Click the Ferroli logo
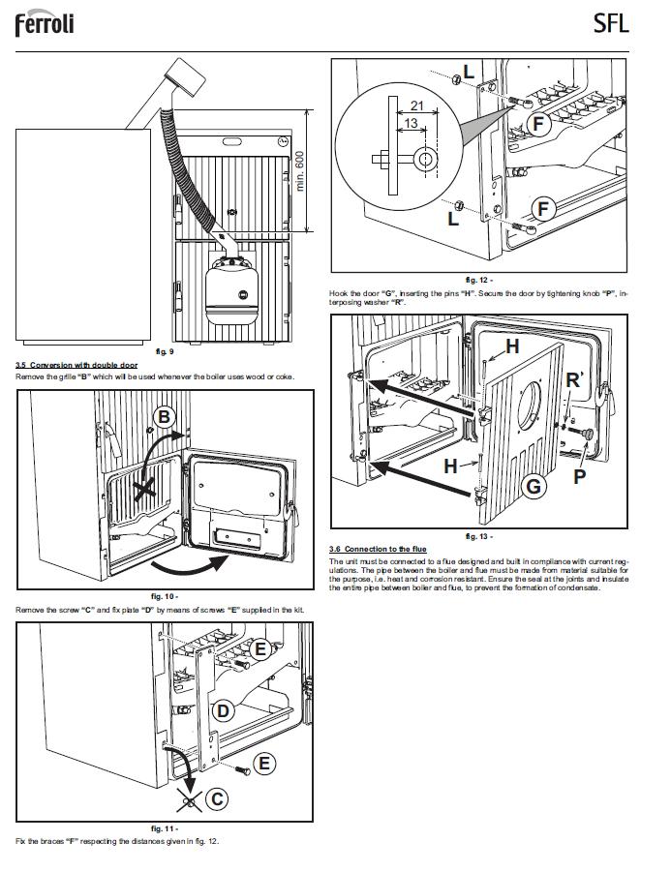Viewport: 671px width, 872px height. coord(45,23)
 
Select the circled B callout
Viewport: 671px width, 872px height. coord(165,418)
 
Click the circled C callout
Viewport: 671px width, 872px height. coord(219,798)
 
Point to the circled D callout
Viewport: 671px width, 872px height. coord(223,711)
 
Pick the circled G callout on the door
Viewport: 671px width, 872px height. coord(533,487)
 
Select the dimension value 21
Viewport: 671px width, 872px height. coord(417,105)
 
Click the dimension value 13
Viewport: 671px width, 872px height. coord(412,124)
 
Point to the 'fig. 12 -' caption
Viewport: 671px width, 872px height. coord(479,280)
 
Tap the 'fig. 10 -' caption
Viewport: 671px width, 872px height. coord(165,597)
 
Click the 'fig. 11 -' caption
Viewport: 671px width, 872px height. coord(165,829)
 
